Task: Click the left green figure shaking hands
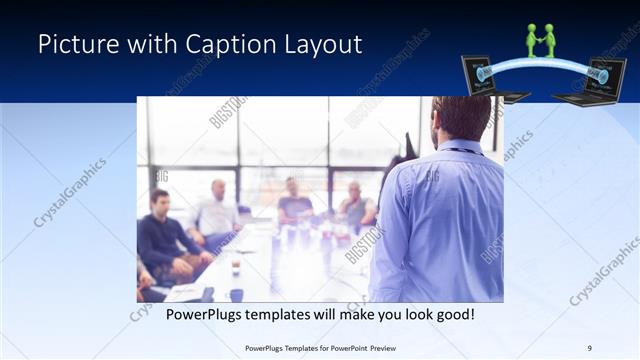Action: [x=533, y=41]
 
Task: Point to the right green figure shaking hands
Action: [x=551, y=41]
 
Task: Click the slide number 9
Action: [x=589, y=348]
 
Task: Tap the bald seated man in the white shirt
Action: [x=217, y=210]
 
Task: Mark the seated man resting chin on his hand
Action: [x=355, y=205]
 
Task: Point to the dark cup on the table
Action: [x=236, y=294]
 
